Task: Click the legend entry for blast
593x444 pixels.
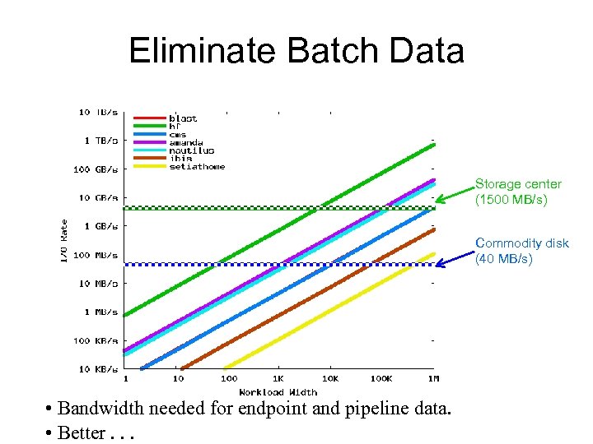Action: point(183,118)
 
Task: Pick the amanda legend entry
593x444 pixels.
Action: point(186,142)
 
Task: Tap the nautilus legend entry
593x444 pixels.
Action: point(191,150)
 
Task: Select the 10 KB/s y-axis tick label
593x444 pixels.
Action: point(97,369)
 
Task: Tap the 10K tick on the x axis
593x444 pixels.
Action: point(330,379)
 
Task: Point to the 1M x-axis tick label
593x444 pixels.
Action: point(433,379)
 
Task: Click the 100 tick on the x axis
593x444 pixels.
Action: point(228,379)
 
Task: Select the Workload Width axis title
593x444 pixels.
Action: point(278,391)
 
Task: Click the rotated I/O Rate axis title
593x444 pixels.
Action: point(64,241)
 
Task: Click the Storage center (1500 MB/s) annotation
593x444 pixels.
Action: point(517,192)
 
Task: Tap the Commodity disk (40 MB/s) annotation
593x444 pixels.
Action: point(521,251)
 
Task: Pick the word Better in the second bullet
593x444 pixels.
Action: point(82,432)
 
